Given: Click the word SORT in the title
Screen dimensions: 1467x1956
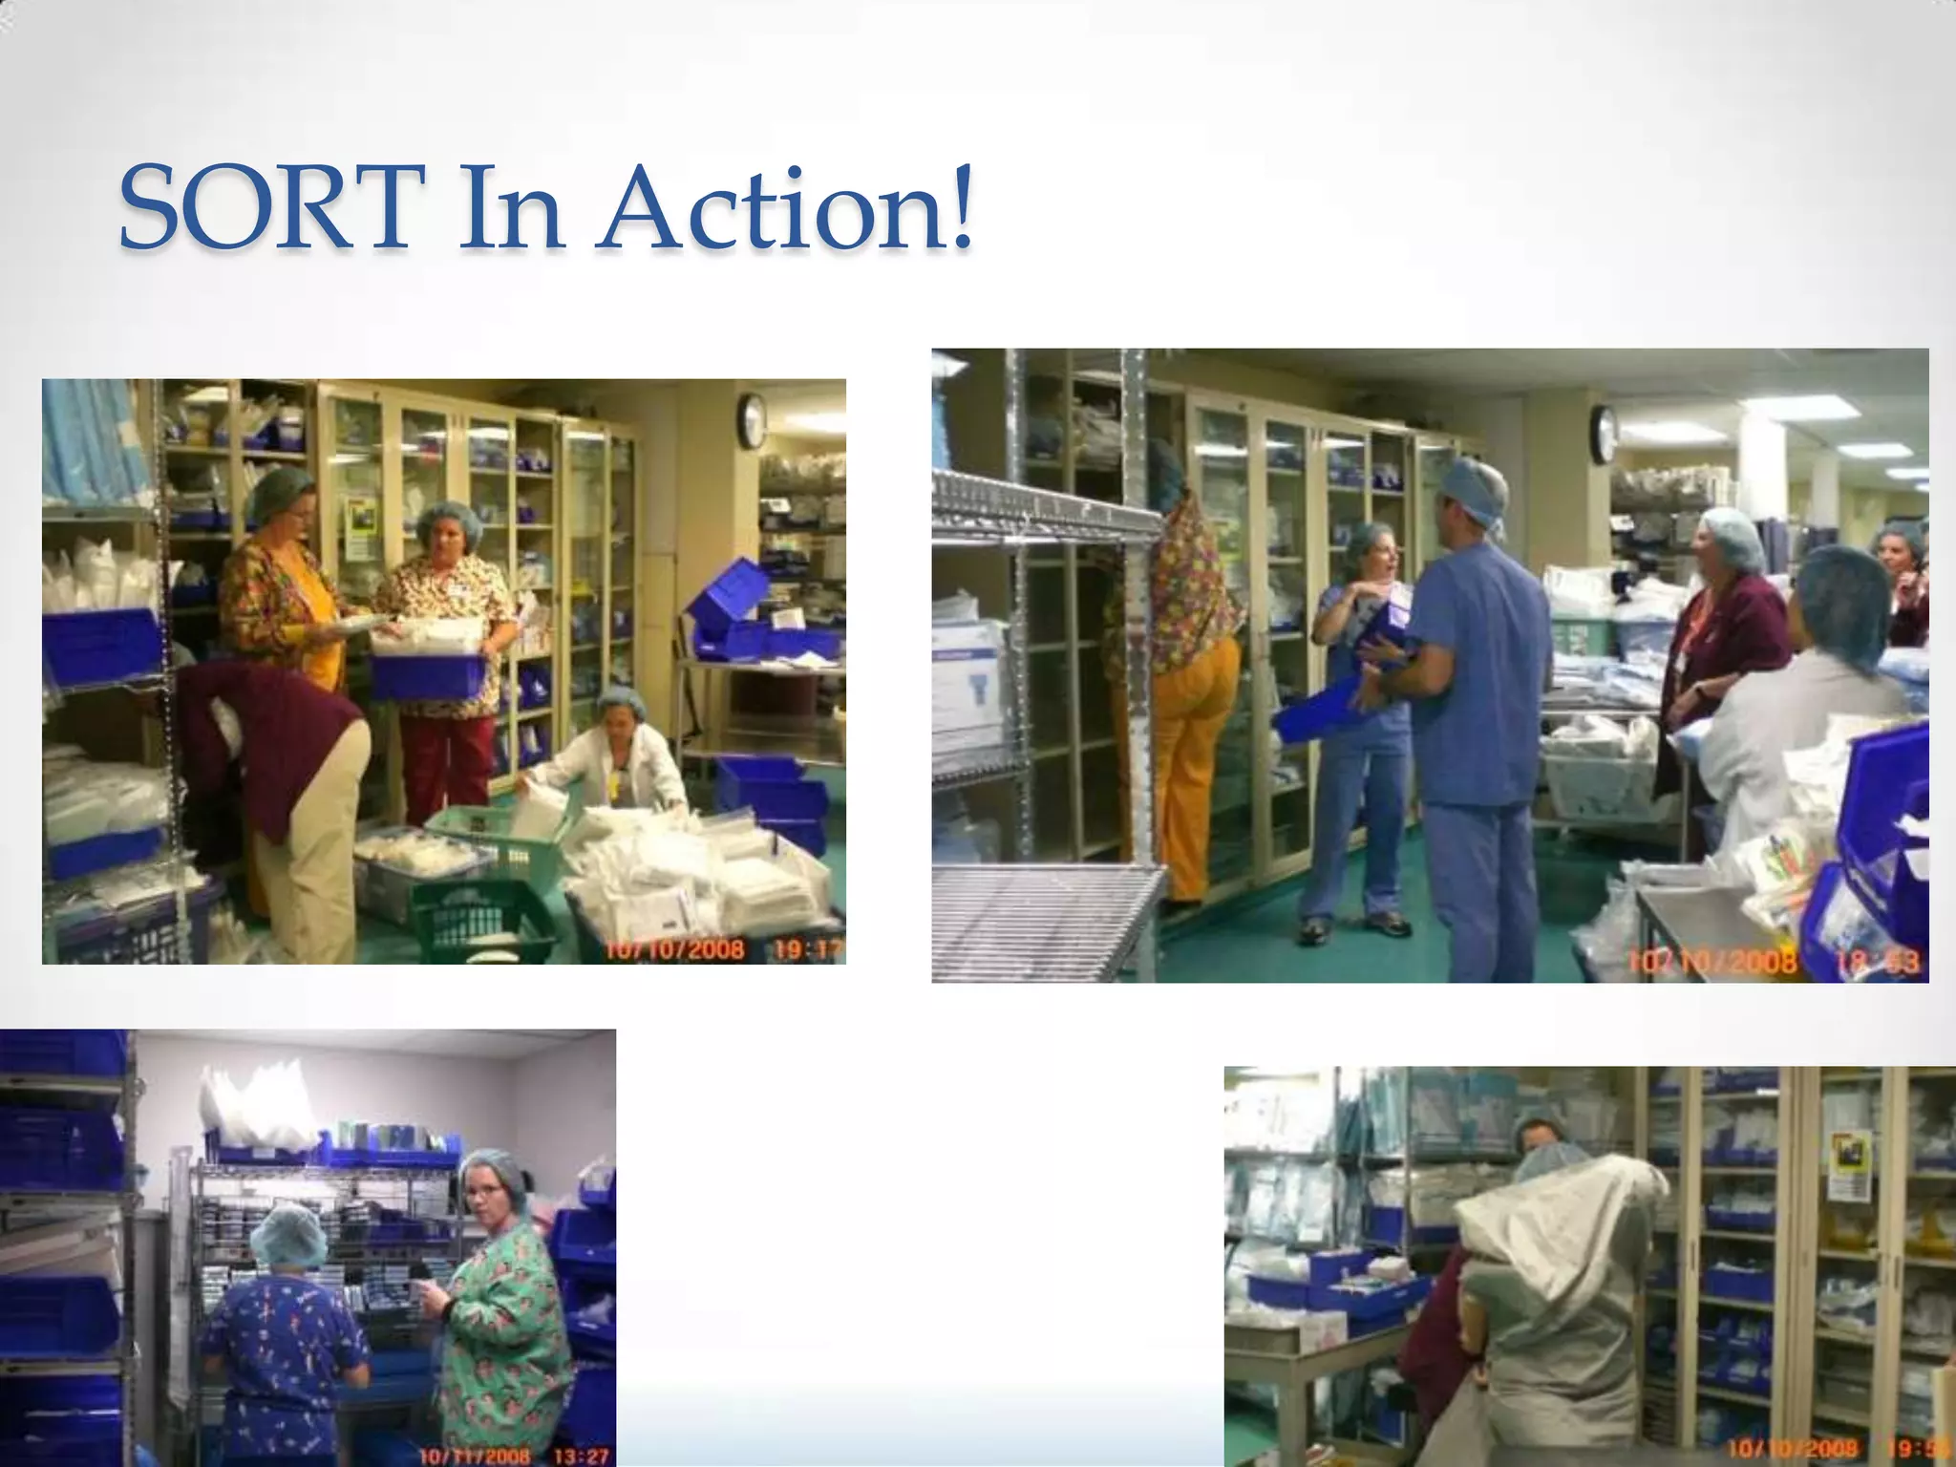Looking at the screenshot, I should click(273, 207).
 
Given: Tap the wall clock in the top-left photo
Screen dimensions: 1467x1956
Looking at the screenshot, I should click(752, 421).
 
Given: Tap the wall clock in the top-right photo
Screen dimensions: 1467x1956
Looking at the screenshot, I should click(1604, 435).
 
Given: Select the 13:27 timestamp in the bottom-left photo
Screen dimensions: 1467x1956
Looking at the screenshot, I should click(581, 1456).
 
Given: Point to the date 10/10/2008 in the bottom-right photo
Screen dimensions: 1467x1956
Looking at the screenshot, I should click(1793, 1449).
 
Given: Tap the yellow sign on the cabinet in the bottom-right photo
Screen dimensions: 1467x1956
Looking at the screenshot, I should click(1847, 1165).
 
